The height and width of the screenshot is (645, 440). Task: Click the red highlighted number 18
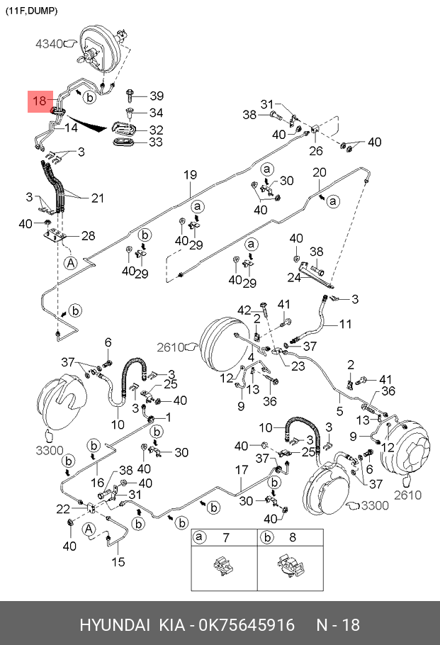pyautogui.click(x=40, y=101)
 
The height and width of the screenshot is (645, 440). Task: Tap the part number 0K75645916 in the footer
pyautogui.click(x=247, y=625)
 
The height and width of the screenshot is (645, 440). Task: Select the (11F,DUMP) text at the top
pyautogui.click(x=31, y=11)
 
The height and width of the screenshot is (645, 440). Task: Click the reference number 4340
pyautogui.click(x=48, y=44)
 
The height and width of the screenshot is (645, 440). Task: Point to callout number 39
pyautogui.click(x=157, y=96)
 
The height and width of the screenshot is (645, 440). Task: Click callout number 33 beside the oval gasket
pyautogui.click(x=156, y=142)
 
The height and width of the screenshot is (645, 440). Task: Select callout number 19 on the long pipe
pyautogui.click(x=190, y=175)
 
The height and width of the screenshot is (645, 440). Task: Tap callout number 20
pyautogui.click(x=320, y=172)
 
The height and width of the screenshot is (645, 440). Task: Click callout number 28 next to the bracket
pyautogui.click(x=88, y=236)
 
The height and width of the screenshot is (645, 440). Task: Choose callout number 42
pyautogui.click(x=244, y=310)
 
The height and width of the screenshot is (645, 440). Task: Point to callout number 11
pyautogui.click(x=346, y=324)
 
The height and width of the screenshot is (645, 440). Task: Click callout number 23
pyautogui.click(x=298, y=366)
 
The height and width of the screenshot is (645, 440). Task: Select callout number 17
pyautogui.click(x=242, y=470)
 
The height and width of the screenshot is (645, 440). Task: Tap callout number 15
pyautogui.click(x=118, y=561)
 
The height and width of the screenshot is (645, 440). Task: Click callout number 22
pyautogui.click(x=63, y=509)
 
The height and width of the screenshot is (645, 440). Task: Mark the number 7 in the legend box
pyautogui.click(x=226, y=537)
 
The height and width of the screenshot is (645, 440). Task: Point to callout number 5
pyautogui.click(x=339, y=410)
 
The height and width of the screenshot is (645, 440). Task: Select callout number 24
pyautogui.click(x=294, y=278)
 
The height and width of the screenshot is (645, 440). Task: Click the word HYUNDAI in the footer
pyautogui.click(x=115, y=625)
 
